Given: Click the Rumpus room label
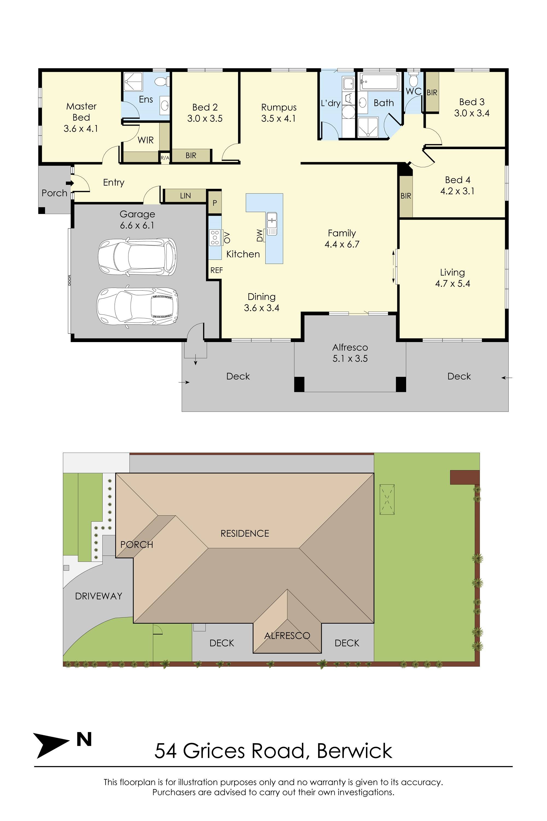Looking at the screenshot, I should (279, 107).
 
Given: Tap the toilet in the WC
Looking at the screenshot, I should (413, 80).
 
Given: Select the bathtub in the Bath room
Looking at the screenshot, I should (379, 82).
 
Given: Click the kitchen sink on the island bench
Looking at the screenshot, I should (272, 223).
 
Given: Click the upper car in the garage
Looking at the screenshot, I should (137, 257).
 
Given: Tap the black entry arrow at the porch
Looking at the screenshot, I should (70, 183).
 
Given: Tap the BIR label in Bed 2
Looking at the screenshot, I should (191, 155).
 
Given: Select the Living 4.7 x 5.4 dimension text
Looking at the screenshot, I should (452, 284).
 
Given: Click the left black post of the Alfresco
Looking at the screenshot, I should (299, 384).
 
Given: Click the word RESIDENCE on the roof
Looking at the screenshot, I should (245, 533).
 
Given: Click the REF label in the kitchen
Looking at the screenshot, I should (216, 270).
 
